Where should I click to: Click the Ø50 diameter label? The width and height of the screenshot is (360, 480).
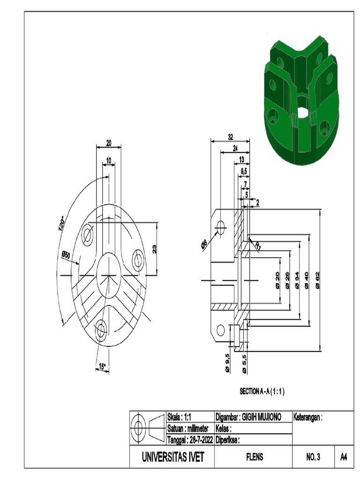pos(65,255)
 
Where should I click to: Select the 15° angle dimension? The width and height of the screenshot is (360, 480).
pos(101,366)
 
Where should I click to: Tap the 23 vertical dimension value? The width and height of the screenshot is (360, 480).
pos(155,249)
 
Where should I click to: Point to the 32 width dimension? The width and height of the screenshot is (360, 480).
pos(230,137)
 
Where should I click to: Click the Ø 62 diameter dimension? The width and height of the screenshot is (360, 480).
pos(318,282)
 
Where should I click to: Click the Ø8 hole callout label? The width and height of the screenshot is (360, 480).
pos(204,244)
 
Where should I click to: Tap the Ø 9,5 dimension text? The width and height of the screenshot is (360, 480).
pos(228,363)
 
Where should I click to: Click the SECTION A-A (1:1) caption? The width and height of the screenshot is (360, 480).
pos(262,391)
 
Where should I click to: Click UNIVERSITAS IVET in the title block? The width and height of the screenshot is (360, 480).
pos(173,457)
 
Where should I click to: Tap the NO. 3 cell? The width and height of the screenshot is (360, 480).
pos(312,457)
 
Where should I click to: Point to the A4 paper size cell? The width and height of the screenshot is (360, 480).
pos(344,457)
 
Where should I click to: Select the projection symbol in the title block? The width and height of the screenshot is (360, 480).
pos(148,427)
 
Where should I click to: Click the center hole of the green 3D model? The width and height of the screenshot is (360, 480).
pos(302,112)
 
